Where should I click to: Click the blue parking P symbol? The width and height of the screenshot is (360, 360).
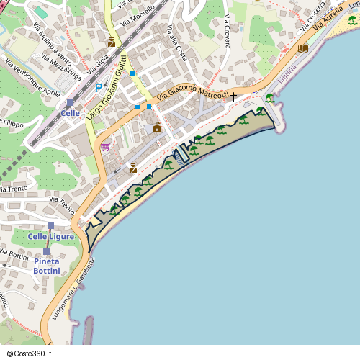point(99,87)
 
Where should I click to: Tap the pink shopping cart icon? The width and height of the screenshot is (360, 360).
point(106,147)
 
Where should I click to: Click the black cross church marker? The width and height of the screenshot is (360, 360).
point(233,95)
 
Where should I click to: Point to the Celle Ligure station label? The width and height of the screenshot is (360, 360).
point(52,236)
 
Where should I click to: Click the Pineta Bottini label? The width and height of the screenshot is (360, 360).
point(47,266)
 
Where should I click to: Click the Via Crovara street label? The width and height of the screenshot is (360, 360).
point(228,31)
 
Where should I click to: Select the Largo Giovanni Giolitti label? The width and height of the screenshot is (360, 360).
point(107,86)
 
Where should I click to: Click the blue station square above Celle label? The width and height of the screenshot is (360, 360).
point(70,104)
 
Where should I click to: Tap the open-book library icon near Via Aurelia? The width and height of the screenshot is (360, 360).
point(303,48)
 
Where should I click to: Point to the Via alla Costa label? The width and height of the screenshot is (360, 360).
point(176,43)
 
